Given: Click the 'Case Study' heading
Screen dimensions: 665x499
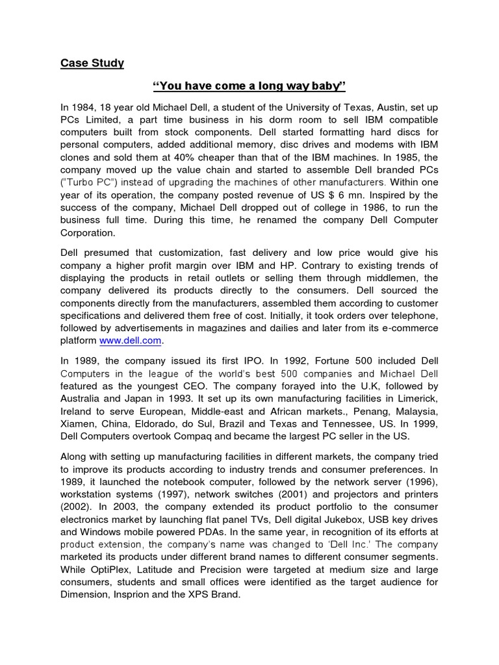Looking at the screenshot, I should (x=92, y=63).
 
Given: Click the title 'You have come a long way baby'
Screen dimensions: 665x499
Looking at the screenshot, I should (x=249, y=86).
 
